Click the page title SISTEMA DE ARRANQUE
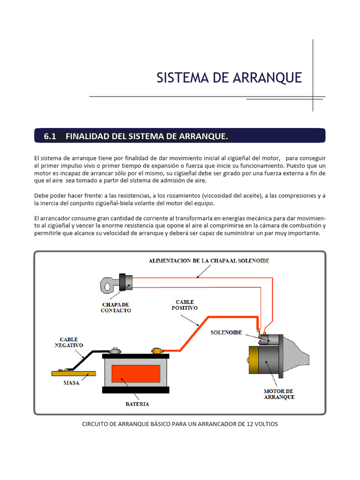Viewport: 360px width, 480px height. [229, 78]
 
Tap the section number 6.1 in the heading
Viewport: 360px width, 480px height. [50, 136]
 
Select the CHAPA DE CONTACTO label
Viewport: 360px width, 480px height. [116, 307]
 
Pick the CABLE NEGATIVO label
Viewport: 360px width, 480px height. [68, 342]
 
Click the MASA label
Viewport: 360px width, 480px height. [71, 383]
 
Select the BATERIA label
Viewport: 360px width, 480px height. [137, 404]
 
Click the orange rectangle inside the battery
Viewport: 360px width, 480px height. [135, 374]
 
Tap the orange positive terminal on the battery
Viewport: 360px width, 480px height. [156, 350]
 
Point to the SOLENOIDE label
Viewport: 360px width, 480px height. [226, 332]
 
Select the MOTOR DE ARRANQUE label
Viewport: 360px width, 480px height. [279, 394]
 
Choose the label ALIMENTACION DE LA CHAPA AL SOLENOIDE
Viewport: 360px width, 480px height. [209, 261]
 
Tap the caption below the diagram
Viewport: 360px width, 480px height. [180, 424]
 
